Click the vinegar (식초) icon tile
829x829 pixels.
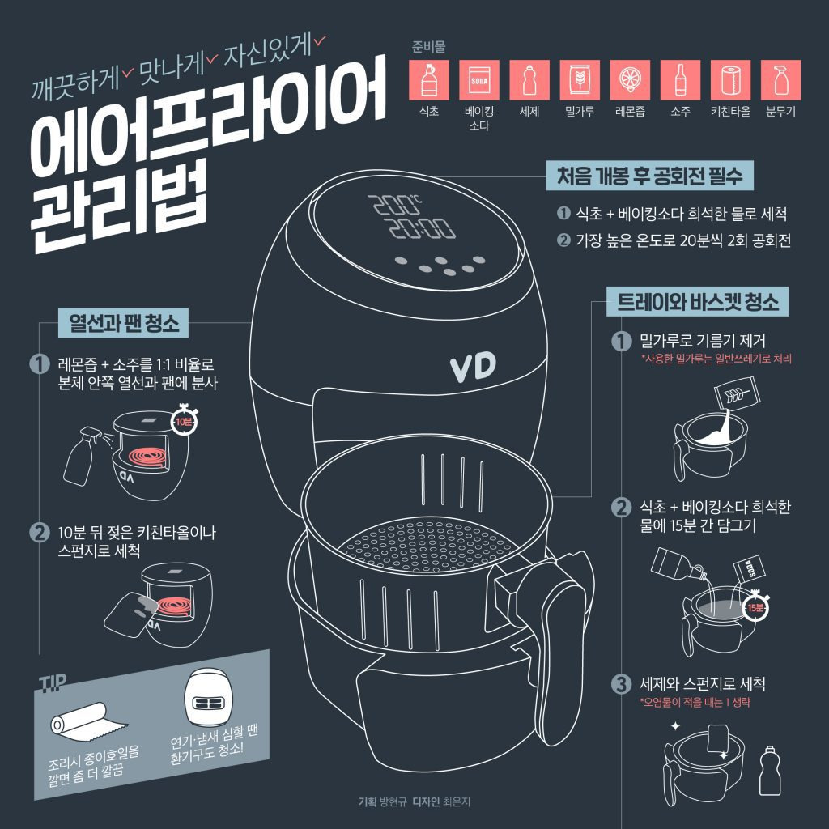pos(429,80)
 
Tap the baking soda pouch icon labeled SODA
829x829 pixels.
pos(479,80)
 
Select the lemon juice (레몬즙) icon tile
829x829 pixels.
pos(630,80)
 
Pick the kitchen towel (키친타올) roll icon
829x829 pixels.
pos(730,80)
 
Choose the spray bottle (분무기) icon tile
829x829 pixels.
pos(780,80)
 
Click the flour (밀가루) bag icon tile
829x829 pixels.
pos(580,80)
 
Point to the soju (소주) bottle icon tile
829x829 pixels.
pos(680,80)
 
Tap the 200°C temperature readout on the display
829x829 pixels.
pos(394,205)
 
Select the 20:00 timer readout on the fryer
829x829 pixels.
pos(422,228)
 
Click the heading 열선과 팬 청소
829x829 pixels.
pos(123,322)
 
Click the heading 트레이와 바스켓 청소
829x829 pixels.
pos(697,302)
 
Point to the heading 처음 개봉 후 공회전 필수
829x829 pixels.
pos(650,176)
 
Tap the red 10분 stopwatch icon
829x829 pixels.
pos(184,421)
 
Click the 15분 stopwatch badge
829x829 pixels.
pos(755,607)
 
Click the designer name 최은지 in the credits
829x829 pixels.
pos(457,801)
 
